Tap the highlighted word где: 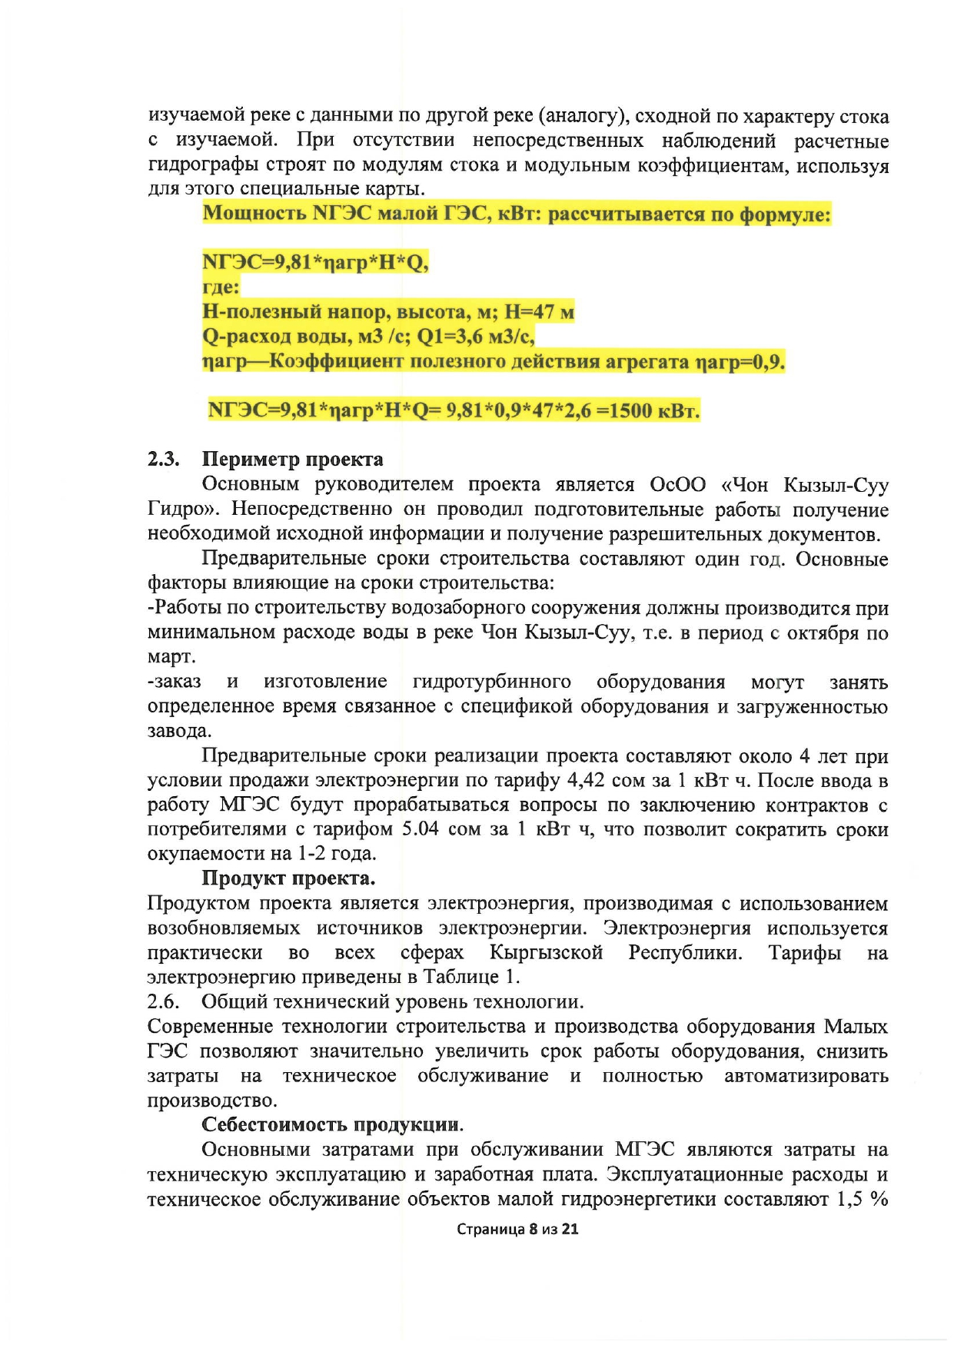221,287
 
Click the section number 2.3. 163,460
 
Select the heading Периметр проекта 292,460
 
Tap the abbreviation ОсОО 677,485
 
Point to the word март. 171,657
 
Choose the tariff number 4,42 586,780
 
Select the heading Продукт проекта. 288,878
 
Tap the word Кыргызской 546,952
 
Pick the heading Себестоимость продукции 332,1124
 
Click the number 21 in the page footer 570,1229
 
